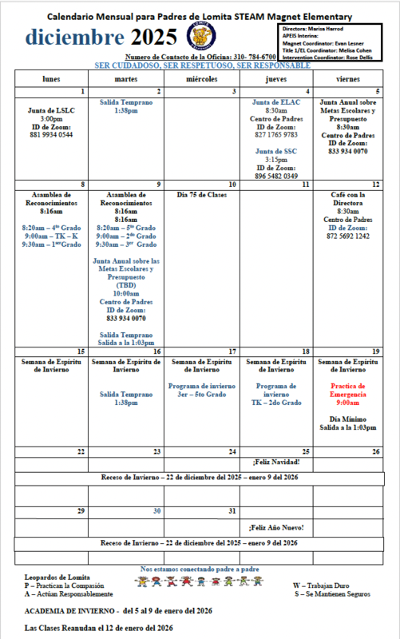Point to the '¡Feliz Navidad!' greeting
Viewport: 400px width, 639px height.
[x=276, y=462]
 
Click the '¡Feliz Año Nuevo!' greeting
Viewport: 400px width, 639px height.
[x=276, y=528]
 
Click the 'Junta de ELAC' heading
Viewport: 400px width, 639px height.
[x=276, y=103]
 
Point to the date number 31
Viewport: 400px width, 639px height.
[x=232, y=510]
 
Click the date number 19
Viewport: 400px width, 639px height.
[x=375, y=351]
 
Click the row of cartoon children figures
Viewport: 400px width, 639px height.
[x=200, y=582]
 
